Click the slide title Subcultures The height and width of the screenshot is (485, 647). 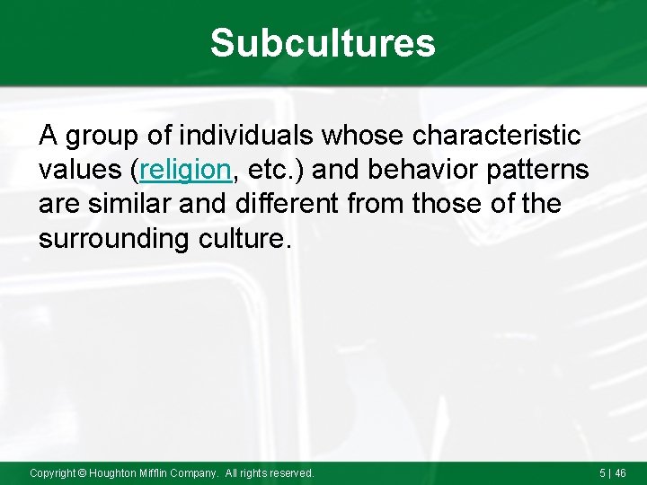tap(323, 42)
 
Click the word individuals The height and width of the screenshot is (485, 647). tap(245, 137)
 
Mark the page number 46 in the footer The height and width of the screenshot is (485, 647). tap(620, 472)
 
